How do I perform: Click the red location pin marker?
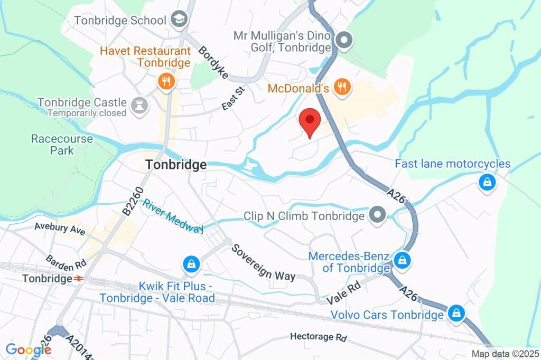310,122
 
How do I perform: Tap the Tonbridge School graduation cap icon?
180,20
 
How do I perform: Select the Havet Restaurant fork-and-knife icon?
166,81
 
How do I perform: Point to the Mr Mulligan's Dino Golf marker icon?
344,40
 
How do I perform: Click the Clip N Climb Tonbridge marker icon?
377,215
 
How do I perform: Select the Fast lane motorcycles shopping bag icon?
486,182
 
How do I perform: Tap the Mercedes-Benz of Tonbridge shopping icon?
402,260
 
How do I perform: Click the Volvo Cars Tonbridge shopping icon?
455,314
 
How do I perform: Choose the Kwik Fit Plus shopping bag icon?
190,264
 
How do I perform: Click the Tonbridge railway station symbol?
79,278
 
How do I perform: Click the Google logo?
27,349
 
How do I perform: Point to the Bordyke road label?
213,63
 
